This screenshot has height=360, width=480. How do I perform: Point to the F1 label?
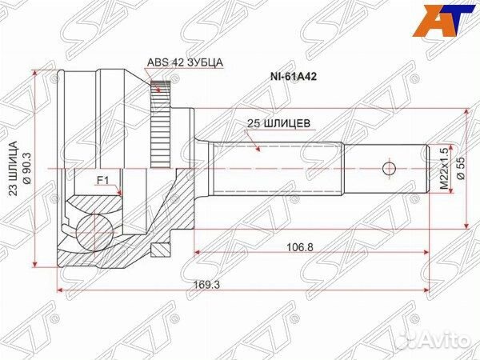click(x=103, y=181)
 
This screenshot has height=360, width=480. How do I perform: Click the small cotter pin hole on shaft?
click(x=389, y=169)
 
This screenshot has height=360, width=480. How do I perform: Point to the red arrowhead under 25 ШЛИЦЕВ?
click(x=255, y=147)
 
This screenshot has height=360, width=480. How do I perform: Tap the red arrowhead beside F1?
click(x=118, y=193)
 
